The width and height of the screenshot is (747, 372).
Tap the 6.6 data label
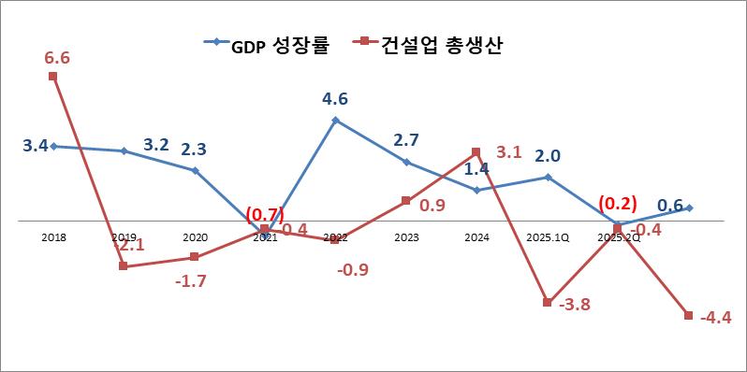pos(57,58)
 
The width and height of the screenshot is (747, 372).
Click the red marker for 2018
pos(53,77)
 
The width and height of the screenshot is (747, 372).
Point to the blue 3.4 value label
pos(36,146)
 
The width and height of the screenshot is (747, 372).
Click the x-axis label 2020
pos(196,238)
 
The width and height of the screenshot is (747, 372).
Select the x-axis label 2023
pos(406,238)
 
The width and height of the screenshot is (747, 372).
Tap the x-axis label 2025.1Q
pos(548,238)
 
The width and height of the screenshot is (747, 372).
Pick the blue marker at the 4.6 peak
pos(335,120)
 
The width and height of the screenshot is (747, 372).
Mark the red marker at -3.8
pos(548,301)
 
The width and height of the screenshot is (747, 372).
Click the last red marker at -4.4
pos(689,315)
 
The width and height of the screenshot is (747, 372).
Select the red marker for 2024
pos(476,151)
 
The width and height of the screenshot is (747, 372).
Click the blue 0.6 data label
pos(669,205)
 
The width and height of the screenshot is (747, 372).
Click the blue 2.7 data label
pos(405,140)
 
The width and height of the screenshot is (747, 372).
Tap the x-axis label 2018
pos(53,238)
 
